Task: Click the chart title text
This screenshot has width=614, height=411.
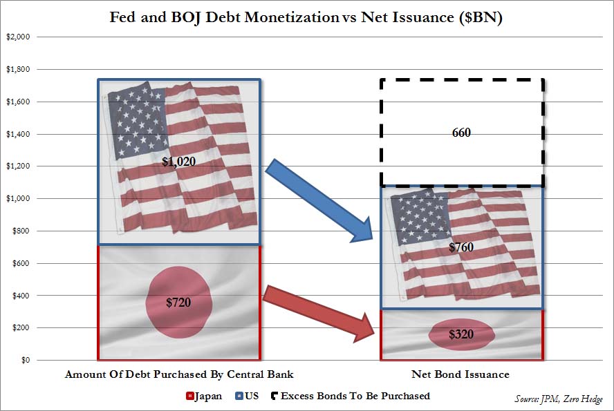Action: click(x=306, y=18)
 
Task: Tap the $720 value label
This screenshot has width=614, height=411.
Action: click(x=178, y=302)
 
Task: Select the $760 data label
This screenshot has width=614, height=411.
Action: click(x=461, y=247)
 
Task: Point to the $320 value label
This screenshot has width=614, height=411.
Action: click(x=461, y=334)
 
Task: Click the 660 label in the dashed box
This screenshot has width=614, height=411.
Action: click(x=461, y=133)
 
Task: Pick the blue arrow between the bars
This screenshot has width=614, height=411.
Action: click(x=318, y=200)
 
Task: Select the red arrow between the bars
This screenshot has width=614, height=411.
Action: click(x=318, y=311)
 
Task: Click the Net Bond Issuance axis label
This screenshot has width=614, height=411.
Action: click(x=461, y=374)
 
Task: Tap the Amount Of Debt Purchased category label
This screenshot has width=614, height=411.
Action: click(x=179, y=374)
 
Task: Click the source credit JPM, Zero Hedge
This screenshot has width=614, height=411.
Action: click(x=559, y=399)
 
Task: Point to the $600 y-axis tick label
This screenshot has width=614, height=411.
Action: click(x=19, y=263)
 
